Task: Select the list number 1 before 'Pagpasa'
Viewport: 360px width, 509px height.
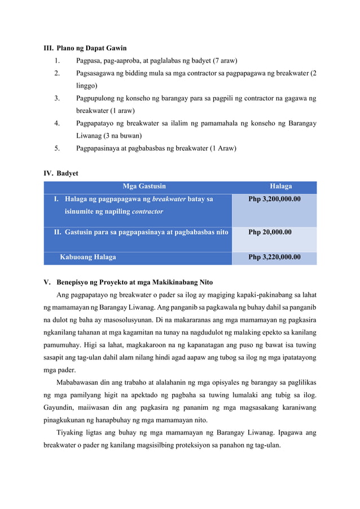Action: [x=57, y=61]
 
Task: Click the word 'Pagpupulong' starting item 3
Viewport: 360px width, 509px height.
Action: [x=98, y=98]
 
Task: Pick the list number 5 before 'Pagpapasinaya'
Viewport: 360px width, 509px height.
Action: [x=57, y=148]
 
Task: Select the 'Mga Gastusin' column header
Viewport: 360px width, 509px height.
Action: [x=144, y=186]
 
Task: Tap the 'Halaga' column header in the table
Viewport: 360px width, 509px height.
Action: [x=280, y=186]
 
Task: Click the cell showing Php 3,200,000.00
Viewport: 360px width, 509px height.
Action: [x=274, y=199]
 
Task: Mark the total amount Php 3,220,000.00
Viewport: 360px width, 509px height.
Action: [x=274, y=257]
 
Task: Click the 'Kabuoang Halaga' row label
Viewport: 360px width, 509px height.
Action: [x=88, y=257]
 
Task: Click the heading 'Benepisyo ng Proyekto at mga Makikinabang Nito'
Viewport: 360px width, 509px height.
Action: [x=134, y=282]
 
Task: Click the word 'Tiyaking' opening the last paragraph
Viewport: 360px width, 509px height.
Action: [x=71, y=433]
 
